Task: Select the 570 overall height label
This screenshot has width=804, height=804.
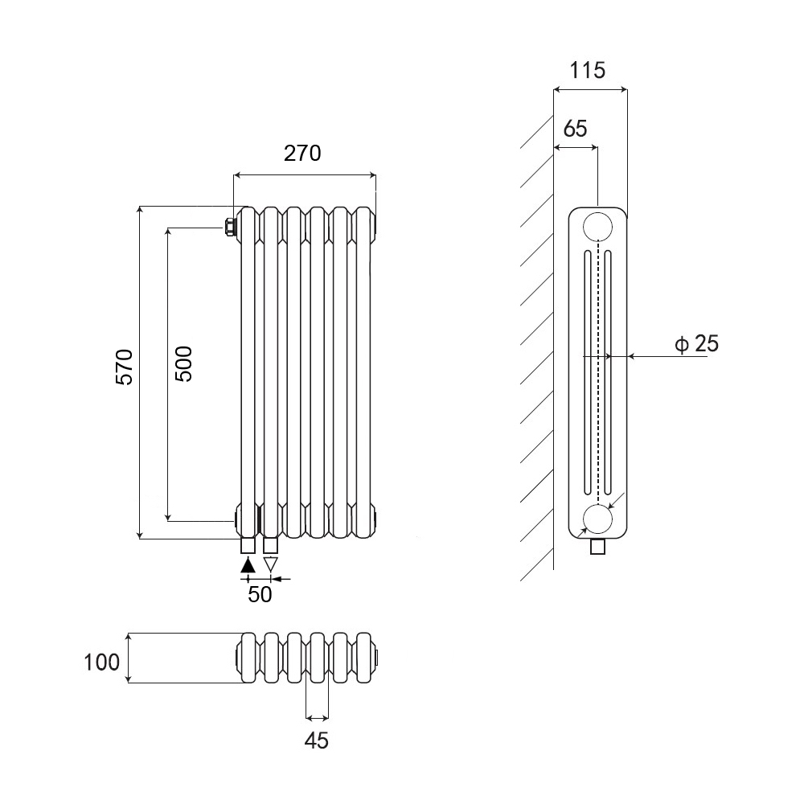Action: [x=123, y=367]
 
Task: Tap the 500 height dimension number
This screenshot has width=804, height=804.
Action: [x=183, y=363]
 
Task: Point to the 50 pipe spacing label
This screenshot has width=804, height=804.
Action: [x=259, y=595]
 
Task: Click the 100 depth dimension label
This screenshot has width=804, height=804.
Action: [x=102, y=662]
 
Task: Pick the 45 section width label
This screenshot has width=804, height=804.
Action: [x=317, y=740]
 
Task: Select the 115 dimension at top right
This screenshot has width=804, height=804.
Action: [x=587, y=70]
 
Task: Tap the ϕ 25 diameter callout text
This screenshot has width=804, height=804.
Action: [x=696, y=345]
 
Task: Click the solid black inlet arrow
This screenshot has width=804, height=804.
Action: [x=248, y=564]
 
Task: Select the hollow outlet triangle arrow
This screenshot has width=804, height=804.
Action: [x=271, y=564]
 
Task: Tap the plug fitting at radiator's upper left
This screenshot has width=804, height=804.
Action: [x=231, y=227]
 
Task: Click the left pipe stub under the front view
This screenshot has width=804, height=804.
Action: [x=248, y=546]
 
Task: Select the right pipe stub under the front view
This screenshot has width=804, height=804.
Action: [x=271, y=546]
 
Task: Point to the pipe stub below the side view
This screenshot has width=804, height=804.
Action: [x=597, y=548]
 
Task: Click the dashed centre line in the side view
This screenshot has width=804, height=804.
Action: [x=597, y=370]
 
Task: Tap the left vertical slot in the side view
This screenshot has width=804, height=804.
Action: [x=587, y=370]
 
